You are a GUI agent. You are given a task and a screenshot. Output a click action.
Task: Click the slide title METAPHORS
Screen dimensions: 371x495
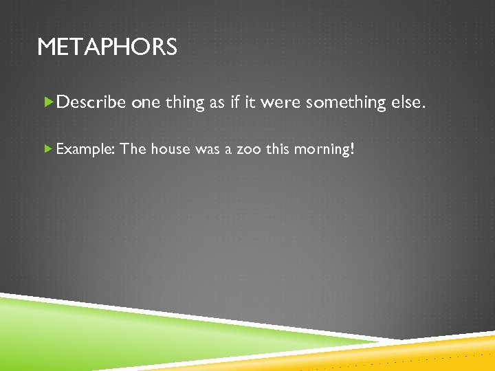[x=107, y=47]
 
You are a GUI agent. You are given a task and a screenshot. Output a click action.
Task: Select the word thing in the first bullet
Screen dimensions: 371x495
[x=186, y=103]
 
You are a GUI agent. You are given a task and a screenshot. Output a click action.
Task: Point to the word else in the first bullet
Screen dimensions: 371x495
[x=410, y=103]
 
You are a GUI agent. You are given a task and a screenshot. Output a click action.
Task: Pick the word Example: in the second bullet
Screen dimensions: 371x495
[x=85, y=148]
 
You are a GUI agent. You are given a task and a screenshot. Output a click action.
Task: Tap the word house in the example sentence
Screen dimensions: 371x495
[x=170, y=148]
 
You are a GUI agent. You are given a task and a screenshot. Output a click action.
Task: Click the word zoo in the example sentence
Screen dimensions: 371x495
[x=248, y=148]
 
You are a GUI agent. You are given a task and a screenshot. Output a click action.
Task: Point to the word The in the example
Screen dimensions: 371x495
[x=133, y=148]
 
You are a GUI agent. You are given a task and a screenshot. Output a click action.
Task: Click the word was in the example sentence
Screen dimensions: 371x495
[x=207, y=148]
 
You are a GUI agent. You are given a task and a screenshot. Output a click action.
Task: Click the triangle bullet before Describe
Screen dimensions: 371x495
[x=48, y=102]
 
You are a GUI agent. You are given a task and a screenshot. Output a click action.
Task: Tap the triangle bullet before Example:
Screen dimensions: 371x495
[x=47, y=148]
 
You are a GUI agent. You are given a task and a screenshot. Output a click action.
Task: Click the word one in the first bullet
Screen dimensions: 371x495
[x=145, y=103]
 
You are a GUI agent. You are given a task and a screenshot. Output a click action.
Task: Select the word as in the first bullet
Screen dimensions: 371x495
[x=217, y=103]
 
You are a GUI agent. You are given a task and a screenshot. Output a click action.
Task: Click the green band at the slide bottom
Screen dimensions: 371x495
[x=103, y=337]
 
